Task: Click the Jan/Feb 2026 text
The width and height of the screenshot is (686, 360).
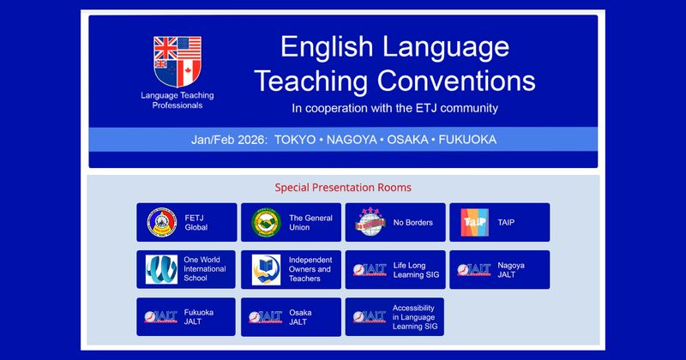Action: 230,139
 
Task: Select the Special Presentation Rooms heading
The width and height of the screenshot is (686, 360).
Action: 343,187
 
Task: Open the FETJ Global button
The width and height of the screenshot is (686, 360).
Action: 186,222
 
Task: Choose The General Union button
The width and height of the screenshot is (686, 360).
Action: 291,222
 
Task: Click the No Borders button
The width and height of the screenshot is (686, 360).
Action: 395,222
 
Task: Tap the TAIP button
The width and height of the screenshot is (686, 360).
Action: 499,222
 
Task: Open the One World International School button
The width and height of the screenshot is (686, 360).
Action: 186,270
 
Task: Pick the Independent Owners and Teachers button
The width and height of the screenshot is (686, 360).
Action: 291,270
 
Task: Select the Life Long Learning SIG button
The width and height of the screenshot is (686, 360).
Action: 395,270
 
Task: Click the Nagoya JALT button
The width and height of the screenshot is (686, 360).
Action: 499,270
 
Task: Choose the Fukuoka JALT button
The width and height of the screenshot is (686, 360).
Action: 186,317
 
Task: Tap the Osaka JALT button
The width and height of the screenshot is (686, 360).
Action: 291,317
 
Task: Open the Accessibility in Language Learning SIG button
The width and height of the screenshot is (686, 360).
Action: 395,317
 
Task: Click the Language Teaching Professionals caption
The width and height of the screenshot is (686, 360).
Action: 177,99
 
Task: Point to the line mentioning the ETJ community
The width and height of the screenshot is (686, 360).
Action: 394,108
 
